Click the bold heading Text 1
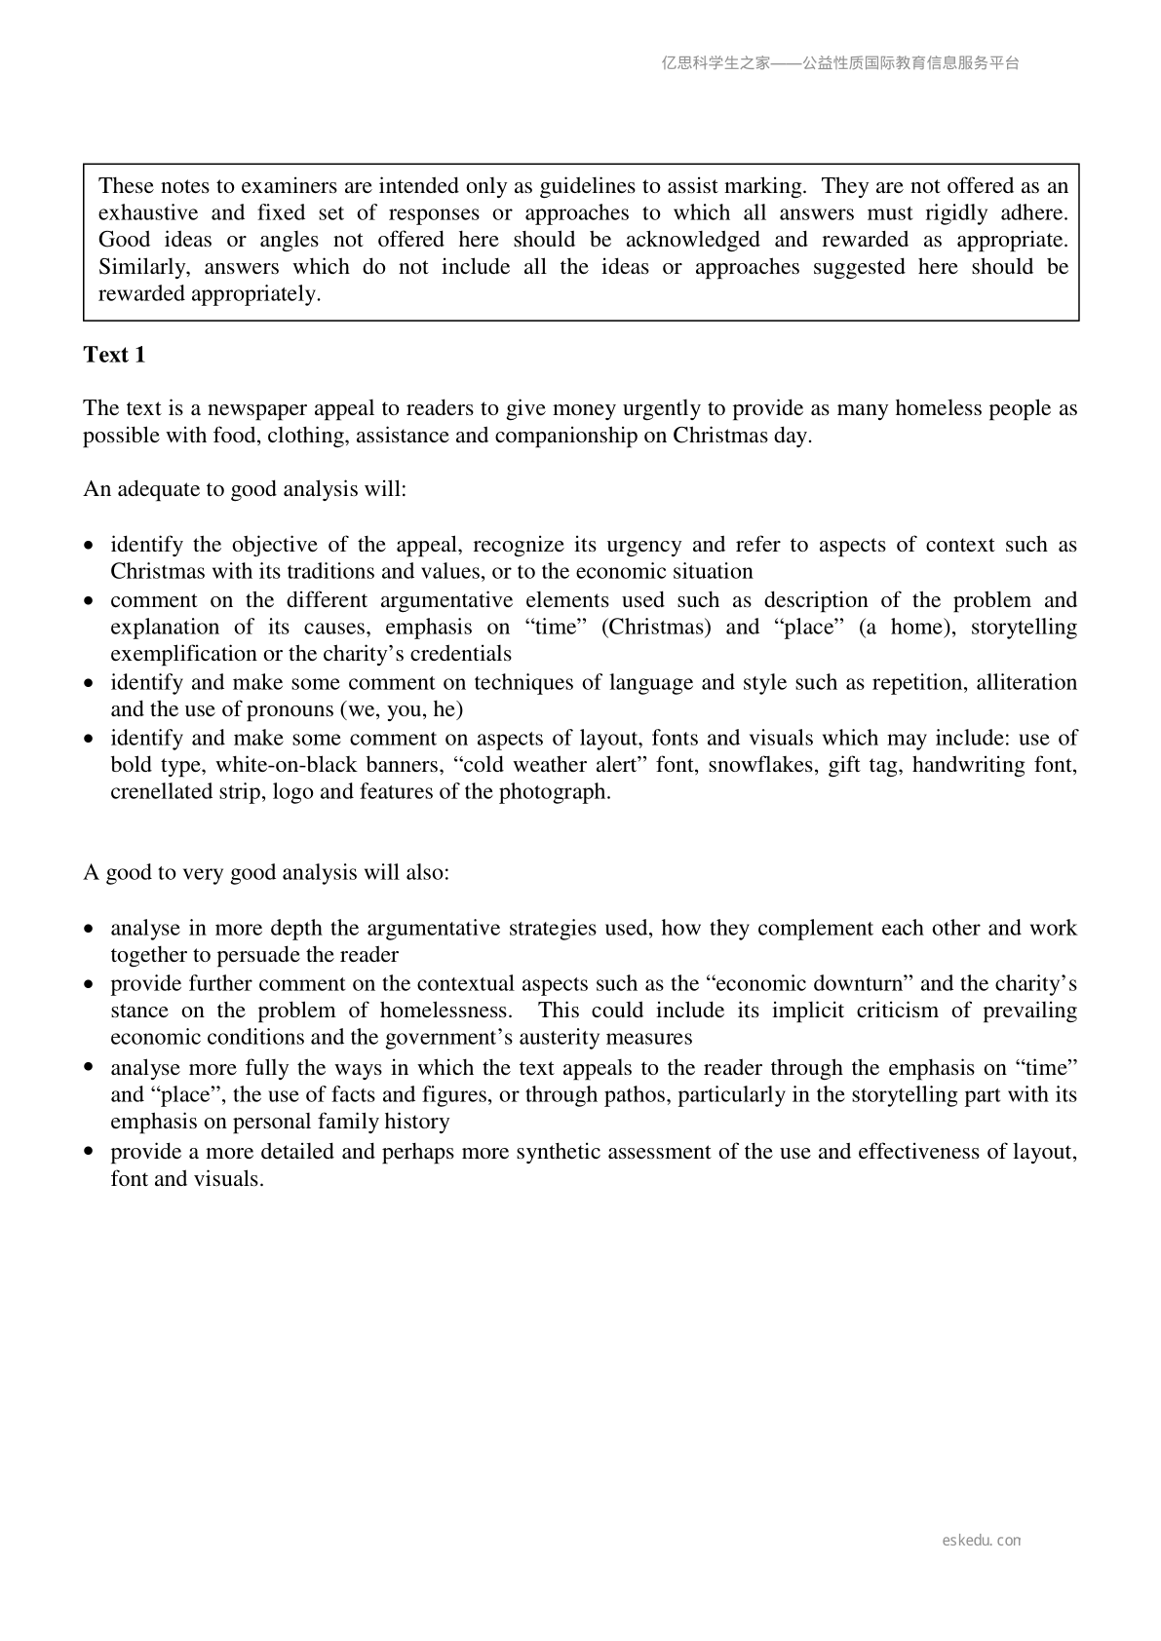tap(114, 355)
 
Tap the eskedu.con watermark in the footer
tap(982, 1541)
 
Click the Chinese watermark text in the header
tap(840, 63)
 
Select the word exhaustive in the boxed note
tap(148, 212)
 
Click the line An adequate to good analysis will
tap(245, 489)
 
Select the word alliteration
tap(1026, 682)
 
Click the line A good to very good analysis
tap(266, 872)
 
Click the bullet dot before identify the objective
tap(90, 546)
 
